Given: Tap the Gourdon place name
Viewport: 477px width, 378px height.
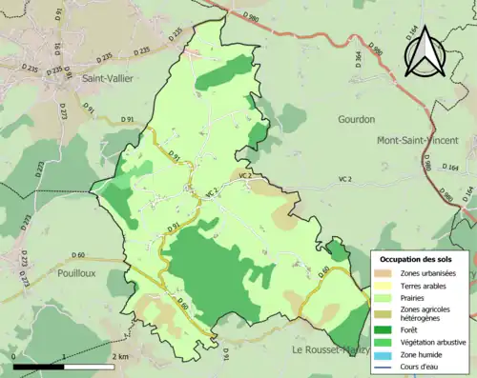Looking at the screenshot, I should tap(356, 119).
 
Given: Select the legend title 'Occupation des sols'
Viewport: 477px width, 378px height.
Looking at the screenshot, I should tap(418, 259).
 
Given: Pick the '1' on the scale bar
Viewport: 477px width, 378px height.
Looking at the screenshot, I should tap(63, 356).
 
